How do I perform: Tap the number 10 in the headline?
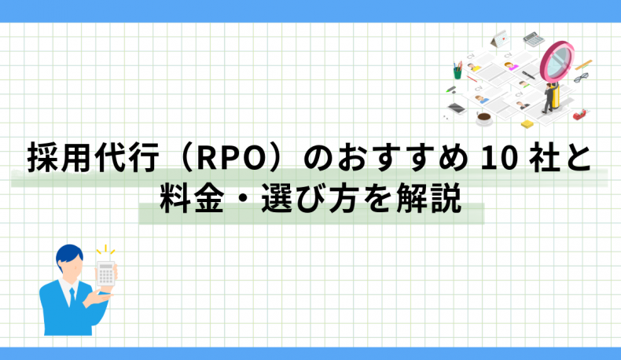pos(499,159)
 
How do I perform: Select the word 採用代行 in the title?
pos(94,158)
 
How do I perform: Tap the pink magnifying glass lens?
pos(557,61)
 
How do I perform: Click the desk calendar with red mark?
pos(500,39)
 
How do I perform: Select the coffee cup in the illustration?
pos(483,118)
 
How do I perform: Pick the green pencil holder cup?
pos(457,72)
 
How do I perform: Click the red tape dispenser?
pos(579,115)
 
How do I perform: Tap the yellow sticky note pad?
pos(527,124)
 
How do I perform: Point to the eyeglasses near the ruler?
pos(581,78)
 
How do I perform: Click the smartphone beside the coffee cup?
pos(456,108)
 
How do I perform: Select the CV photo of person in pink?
pos(511,66)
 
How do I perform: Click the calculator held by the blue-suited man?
pos(106,274)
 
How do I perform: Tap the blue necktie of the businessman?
pos(72,296)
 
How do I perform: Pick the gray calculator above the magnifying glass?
pos(534,39)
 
